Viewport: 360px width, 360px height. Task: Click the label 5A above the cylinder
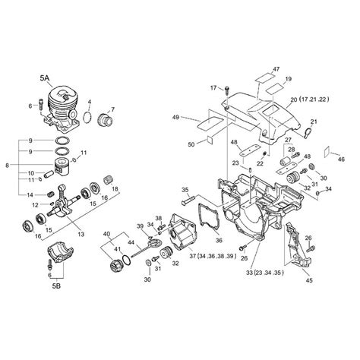46,77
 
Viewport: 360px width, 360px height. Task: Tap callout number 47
277,69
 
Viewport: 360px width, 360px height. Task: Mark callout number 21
314,122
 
